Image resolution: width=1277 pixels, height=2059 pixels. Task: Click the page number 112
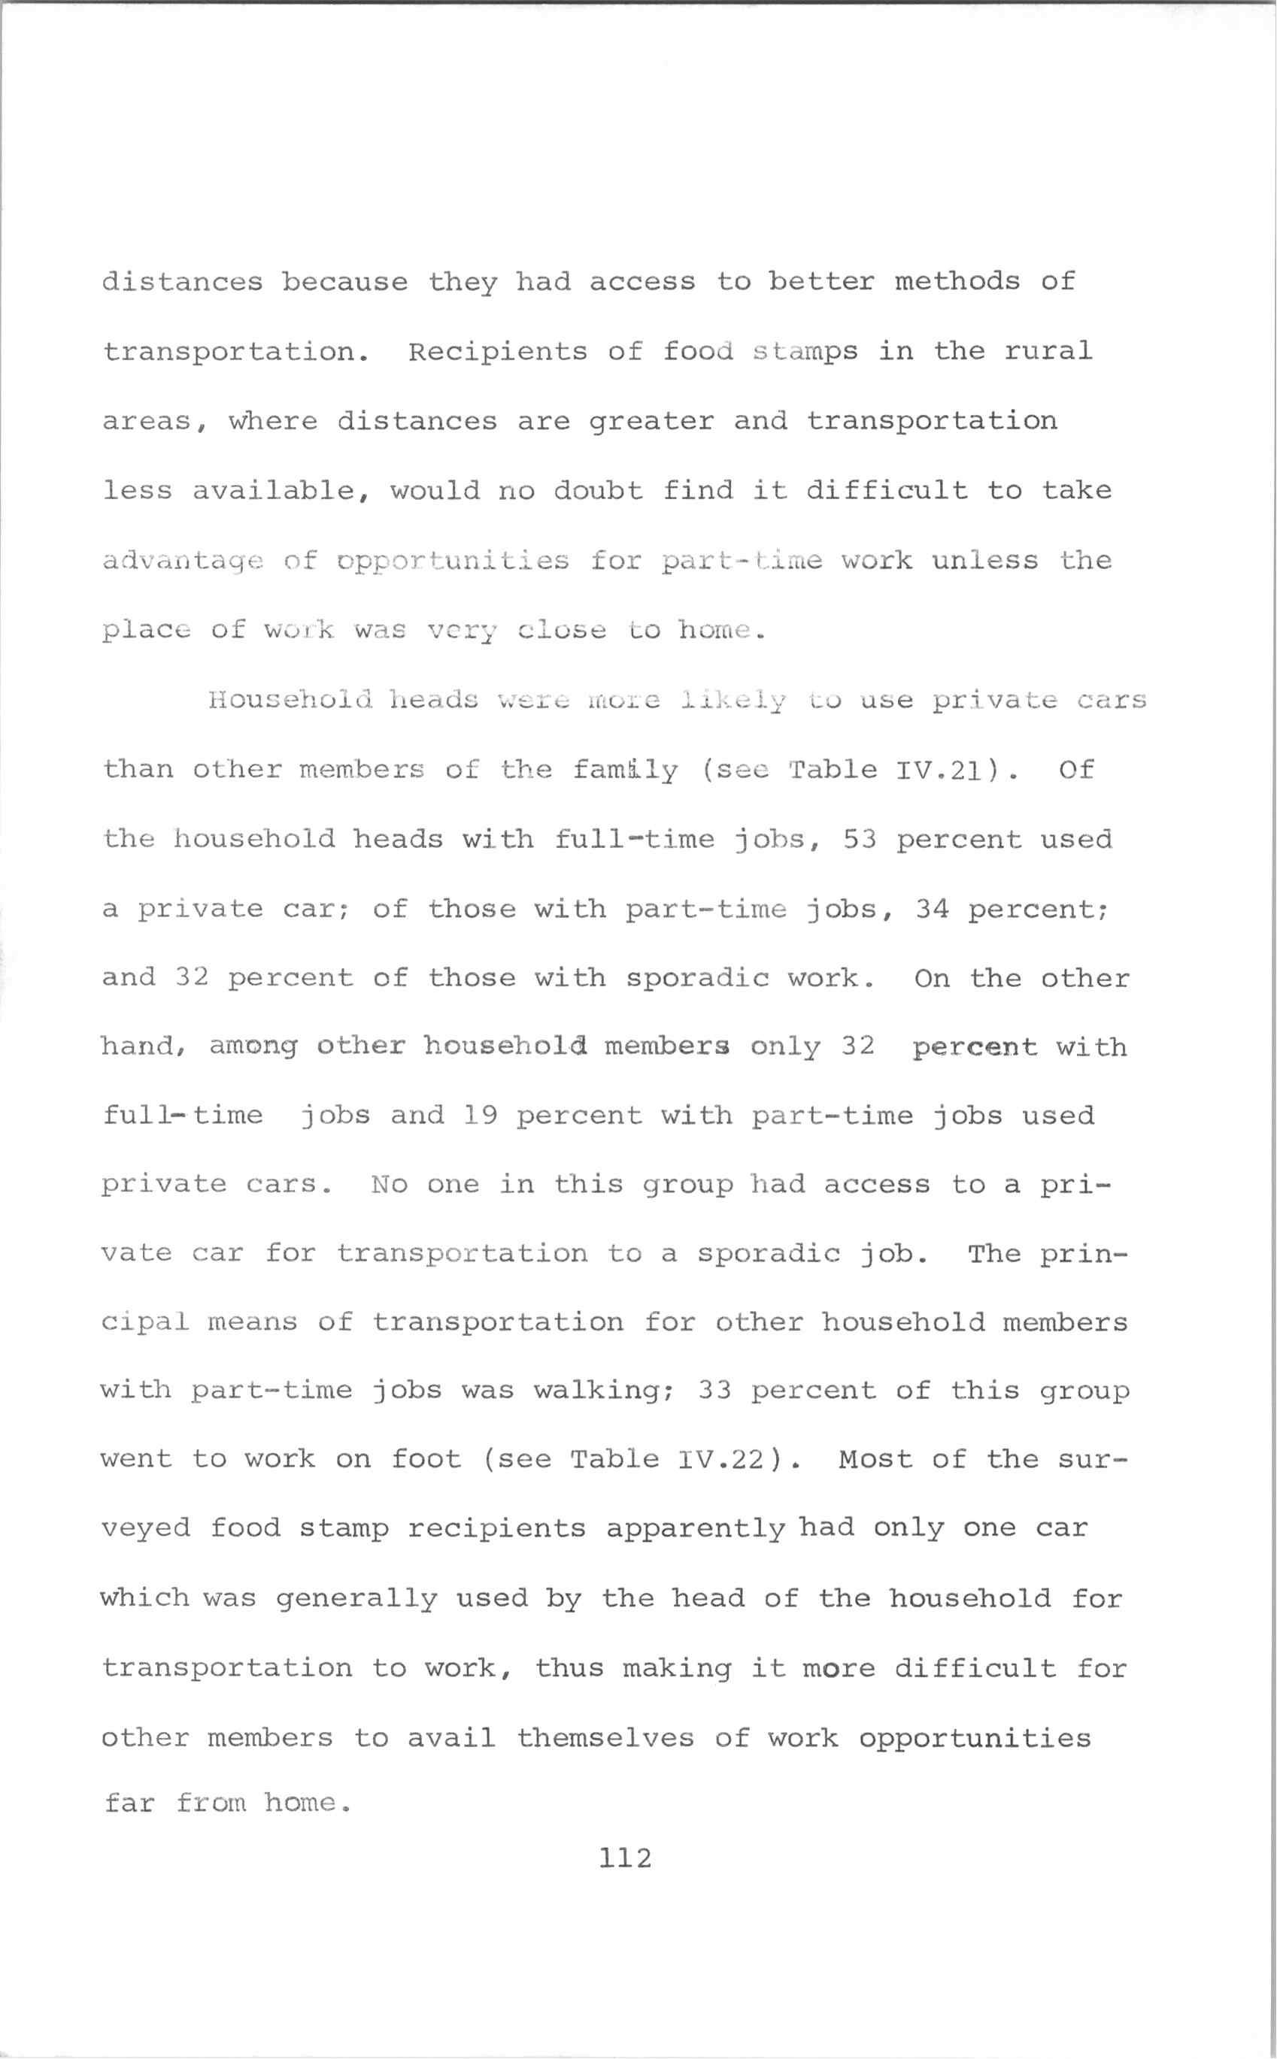click(626, 1858)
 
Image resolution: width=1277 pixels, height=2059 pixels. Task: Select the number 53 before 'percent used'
click(860, 839)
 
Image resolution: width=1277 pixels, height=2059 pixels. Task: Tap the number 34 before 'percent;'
click(932, 908)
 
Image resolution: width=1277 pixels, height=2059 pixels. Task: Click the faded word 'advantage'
click(184, 562)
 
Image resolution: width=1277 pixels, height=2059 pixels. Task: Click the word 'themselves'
click(605, 1737)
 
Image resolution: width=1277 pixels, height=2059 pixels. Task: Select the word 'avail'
click(451, 1737)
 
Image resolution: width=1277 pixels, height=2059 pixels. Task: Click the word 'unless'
click(984, 560)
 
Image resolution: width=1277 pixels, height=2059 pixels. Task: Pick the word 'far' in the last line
click(129, 1803)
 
